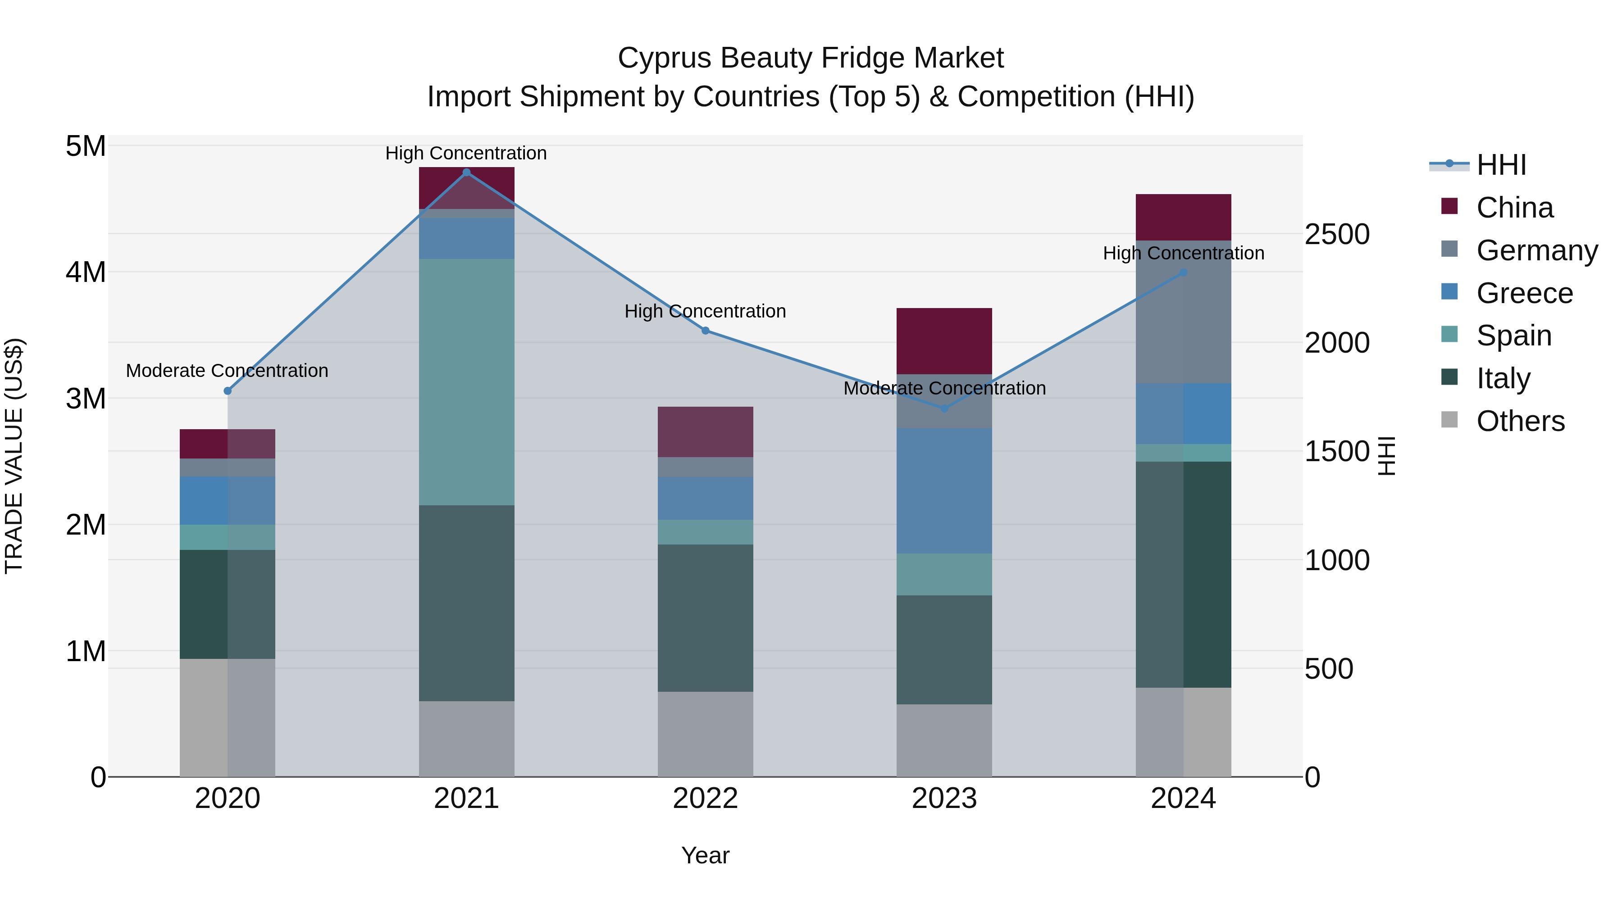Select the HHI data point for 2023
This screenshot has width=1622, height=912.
click(x=944, y=408)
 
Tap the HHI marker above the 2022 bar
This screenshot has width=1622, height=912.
click(x=705, y=331)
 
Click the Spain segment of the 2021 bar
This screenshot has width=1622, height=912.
click(x=467, y=381)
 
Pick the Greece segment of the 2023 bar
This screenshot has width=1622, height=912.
click(x=944, y=490)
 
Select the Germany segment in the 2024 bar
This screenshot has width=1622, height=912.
click(x=1183, y=312)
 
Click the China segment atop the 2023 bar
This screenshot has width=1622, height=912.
click(x=944, y=340)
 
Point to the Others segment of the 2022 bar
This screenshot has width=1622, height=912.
click(x=705, y=734)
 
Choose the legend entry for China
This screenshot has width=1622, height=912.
click(x=1514, y=208)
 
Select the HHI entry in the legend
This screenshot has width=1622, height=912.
click(x=1501, y=165)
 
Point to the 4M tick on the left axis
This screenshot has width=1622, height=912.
click(x=86, y=272)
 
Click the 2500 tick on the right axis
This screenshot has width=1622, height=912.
click(x=1337, y=234)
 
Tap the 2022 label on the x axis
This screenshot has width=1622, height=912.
click(x=705, y=799)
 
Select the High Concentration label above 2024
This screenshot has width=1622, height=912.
click(x=1183, y=253)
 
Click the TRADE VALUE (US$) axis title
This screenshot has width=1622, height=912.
click(x=14, y=456)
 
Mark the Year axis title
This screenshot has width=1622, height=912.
click(x=705, y=855)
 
